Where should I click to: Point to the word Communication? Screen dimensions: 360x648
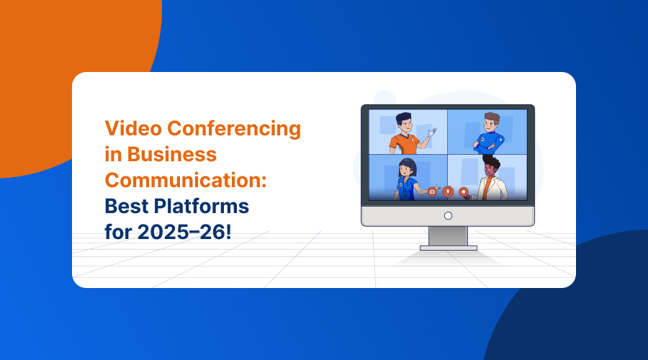coord(186,181)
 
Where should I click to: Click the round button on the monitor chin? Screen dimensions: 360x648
coord(448,215)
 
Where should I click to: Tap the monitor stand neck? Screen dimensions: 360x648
coord(448,235)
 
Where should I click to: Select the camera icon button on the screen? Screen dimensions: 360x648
coord(432,192)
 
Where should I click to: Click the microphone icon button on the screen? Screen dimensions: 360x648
coord(448,192)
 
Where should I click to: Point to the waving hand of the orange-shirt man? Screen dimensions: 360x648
coord(432,132)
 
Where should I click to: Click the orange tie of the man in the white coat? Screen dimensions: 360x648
coord(487,188)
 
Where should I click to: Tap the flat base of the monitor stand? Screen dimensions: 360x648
coord(448,248)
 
